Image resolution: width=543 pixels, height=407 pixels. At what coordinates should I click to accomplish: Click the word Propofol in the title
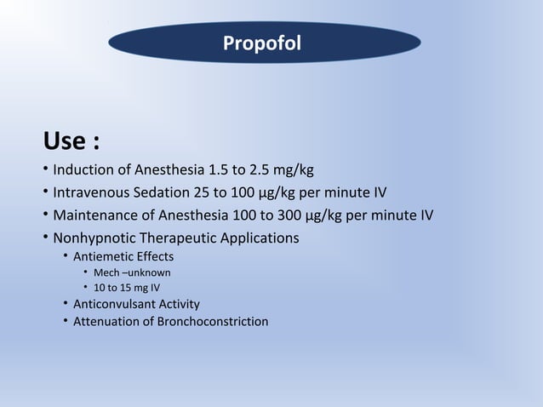click(261, 43)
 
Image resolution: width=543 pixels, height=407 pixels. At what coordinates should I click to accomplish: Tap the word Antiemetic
click(102, 256)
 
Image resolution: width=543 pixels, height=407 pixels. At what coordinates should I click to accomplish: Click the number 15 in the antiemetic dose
click(127, 288)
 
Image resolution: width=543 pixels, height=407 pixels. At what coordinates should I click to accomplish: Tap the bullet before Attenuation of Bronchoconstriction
click(65, 322)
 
